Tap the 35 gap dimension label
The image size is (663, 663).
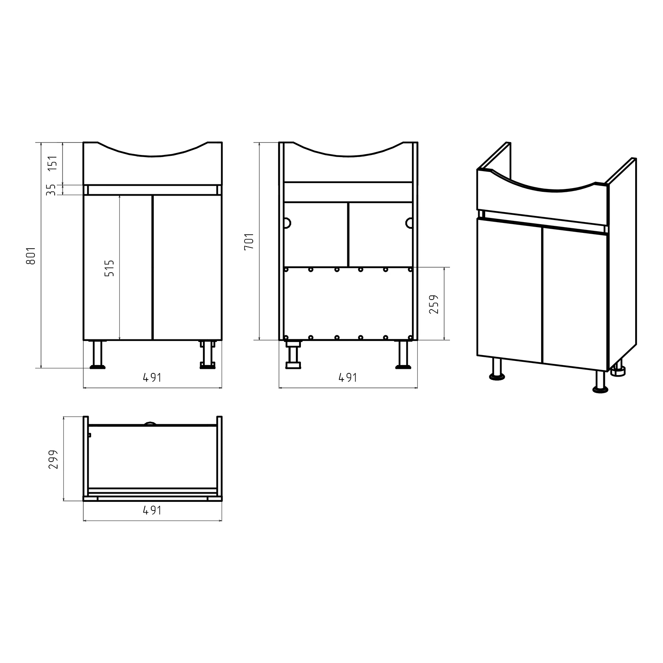(x=51, y=190)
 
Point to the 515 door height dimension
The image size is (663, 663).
(x=110, y=268)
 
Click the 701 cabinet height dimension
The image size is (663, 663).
(x=249, y=241)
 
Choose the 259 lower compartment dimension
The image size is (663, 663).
(x=434, y=304)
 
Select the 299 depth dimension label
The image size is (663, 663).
(x=53, y=459)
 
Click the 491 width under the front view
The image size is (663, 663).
(x=152, y=377)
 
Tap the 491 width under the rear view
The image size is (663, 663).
(x=348, y=377)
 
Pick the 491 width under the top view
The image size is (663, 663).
(x=152, y=510)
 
